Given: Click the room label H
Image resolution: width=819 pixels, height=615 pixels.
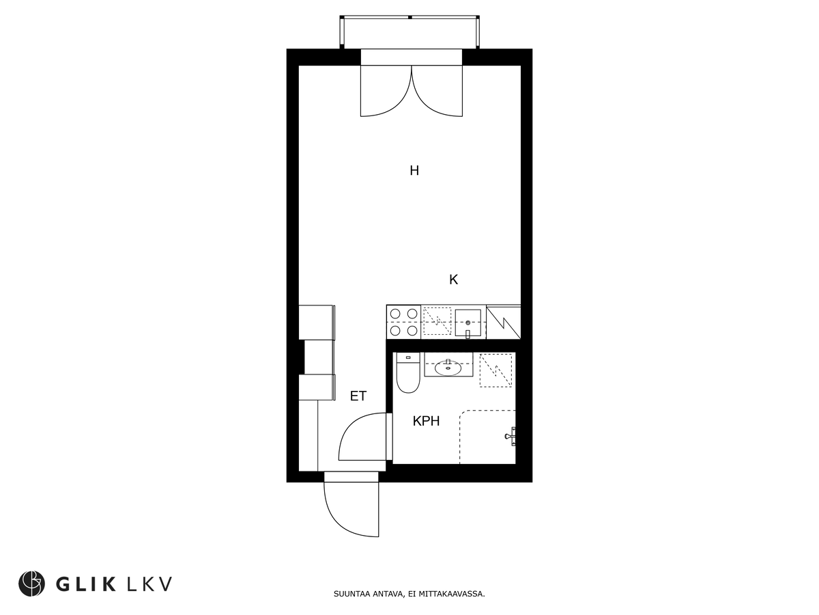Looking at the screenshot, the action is point(414,171).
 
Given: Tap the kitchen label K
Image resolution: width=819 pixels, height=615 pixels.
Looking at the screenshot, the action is point(453,279).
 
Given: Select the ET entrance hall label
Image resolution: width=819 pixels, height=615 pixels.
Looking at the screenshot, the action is point(358,396).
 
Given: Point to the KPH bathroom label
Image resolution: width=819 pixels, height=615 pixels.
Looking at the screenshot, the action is point(426,421).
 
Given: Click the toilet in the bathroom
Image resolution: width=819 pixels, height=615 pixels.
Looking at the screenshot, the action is point(408,372).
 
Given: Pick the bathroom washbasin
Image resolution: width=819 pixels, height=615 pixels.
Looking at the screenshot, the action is point(448,368).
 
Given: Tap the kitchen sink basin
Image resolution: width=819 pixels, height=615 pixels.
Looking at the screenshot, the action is point(468,323).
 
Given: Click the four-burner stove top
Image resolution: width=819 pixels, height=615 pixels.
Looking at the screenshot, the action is point(404,322).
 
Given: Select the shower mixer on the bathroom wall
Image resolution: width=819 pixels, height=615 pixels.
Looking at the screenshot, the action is point(511,436).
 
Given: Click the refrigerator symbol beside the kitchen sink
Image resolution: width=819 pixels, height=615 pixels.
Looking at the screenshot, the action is point(503,323).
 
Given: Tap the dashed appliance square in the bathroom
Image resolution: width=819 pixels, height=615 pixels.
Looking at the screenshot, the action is point(495,370).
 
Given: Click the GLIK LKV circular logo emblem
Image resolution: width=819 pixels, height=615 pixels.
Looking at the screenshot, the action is point(31,584).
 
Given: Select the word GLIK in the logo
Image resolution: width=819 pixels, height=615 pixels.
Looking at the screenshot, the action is point(85,584).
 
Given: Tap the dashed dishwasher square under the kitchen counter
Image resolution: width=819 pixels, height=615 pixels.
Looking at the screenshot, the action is point(437,321).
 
